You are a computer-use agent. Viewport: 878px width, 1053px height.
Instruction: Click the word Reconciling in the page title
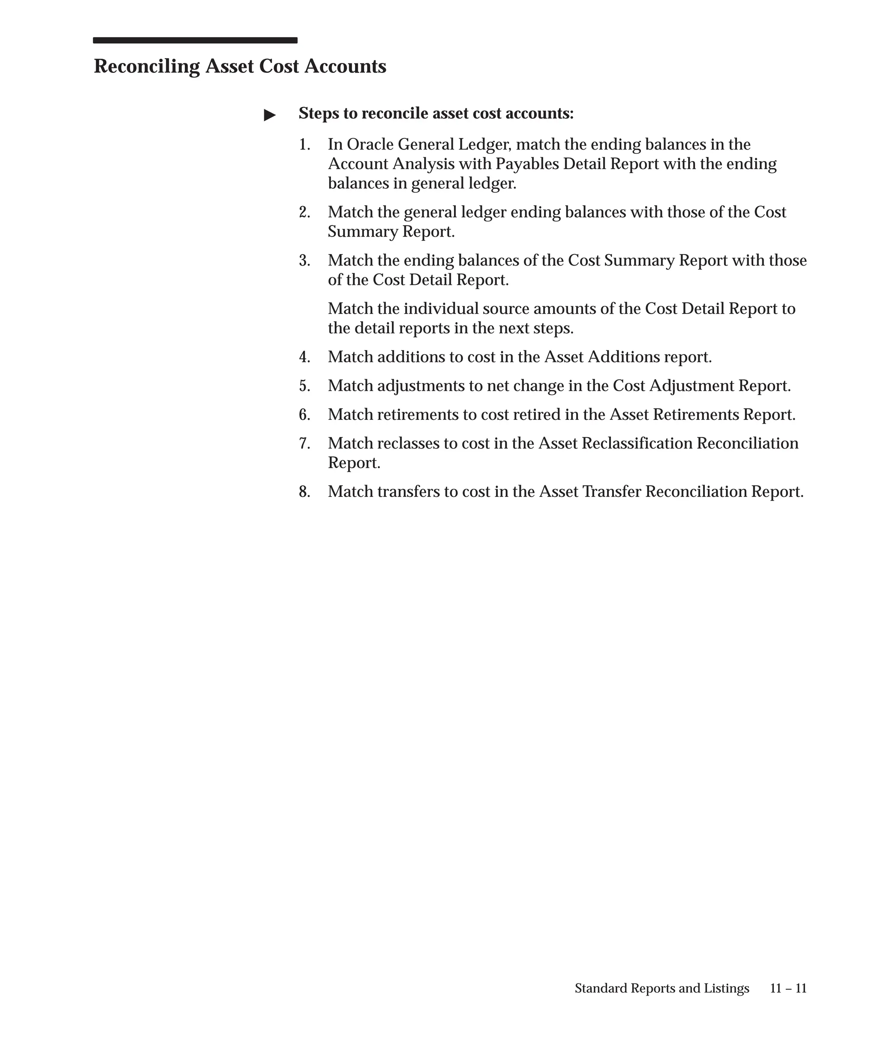[x=147, y=67]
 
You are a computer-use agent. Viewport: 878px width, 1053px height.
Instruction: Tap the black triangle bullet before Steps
[x=270, y=115]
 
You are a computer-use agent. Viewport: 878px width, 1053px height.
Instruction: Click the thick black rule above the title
[x=195, y=41]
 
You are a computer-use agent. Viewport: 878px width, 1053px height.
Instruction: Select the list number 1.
[x=304, y=145]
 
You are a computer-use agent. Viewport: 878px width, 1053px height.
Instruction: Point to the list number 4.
[x=304, y=358]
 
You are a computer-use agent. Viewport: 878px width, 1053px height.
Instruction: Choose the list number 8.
[x=304, y=492]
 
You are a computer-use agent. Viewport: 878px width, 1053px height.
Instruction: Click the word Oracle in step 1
[x=370, y=145]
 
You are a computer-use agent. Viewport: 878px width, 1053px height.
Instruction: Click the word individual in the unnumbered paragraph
[x=441, y=309]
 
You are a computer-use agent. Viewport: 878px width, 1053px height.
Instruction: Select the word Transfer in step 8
[x=612, y=492]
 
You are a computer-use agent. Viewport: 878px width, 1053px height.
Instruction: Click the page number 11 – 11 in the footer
[x=788, y=988]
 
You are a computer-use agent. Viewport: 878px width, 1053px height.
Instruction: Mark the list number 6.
[x=304, y=415]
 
